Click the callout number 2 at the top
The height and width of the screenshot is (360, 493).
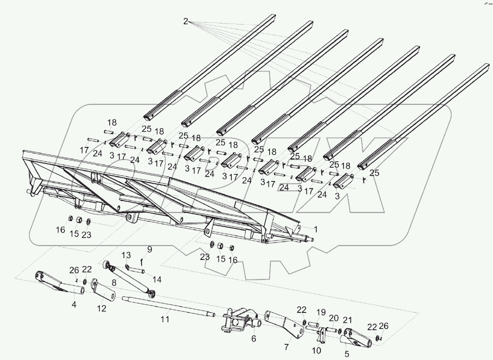tap(186, 21)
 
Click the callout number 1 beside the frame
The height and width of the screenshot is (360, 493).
tap(316, 229)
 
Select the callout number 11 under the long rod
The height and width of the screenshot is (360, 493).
tap(165, 319)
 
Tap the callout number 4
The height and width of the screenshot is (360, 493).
tap(74, 305)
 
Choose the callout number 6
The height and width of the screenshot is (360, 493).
tap(253, 338)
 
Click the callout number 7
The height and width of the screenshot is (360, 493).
tap(287, 347)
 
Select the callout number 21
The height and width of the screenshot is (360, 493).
tap(347, 320)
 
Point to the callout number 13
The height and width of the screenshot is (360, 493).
tap(126, 255)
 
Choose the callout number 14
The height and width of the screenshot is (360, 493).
tap(157, 279)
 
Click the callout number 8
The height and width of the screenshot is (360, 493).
tap(114, 283)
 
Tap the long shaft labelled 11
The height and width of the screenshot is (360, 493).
tap(168, 306)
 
